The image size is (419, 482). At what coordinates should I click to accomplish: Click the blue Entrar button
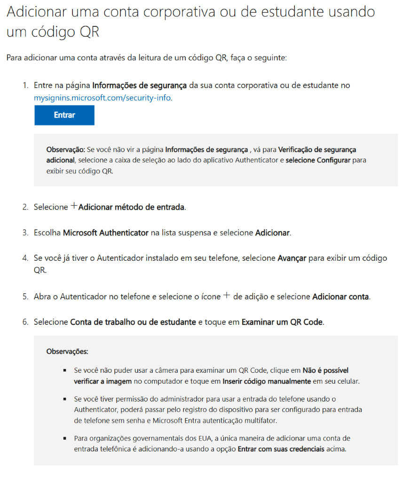coord(64,115)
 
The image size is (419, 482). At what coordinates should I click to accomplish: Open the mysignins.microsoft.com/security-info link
coord(103,98)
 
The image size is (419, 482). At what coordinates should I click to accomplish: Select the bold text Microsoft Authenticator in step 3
coord(106,233)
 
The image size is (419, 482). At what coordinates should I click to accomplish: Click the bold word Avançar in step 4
coord(292,258)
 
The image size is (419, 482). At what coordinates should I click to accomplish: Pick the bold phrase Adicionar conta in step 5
coord(340,297)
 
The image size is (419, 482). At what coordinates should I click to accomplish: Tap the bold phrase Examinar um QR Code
coord(282,322)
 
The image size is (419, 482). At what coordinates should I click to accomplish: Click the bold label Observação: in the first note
coord(65,150)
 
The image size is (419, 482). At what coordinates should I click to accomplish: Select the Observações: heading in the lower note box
coord(67,351)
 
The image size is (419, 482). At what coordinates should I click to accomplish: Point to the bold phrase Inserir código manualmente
coord(267,381)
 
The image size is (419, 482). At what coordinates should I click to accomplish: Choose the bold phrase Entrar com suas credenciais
coord(281,449)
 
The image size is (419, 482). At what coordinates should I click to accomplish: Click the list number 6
coord(25,322)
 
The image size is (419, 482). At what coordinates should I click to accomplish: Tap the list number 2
coord(25,207)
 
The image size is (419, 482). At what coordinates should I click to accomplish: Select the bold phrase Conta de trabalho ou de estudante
coord(133,322)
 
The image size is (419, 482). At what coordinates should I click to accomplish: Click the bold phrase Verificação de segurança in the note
coord(317,150)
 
